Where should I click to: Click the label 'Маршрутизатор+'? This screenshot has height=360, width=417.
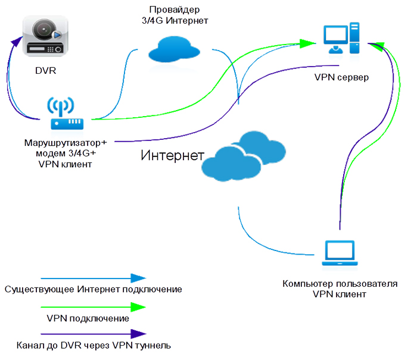(x=66, y=143)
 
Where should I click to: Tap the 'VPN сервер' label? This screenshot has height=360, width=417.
(x=342, y=78)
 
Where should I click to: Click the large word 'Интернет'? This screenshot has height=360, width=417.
(x=170, y=156)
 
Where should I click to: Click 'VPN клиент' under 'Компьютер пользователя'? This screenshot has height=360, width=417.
(x=340, y=294)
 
